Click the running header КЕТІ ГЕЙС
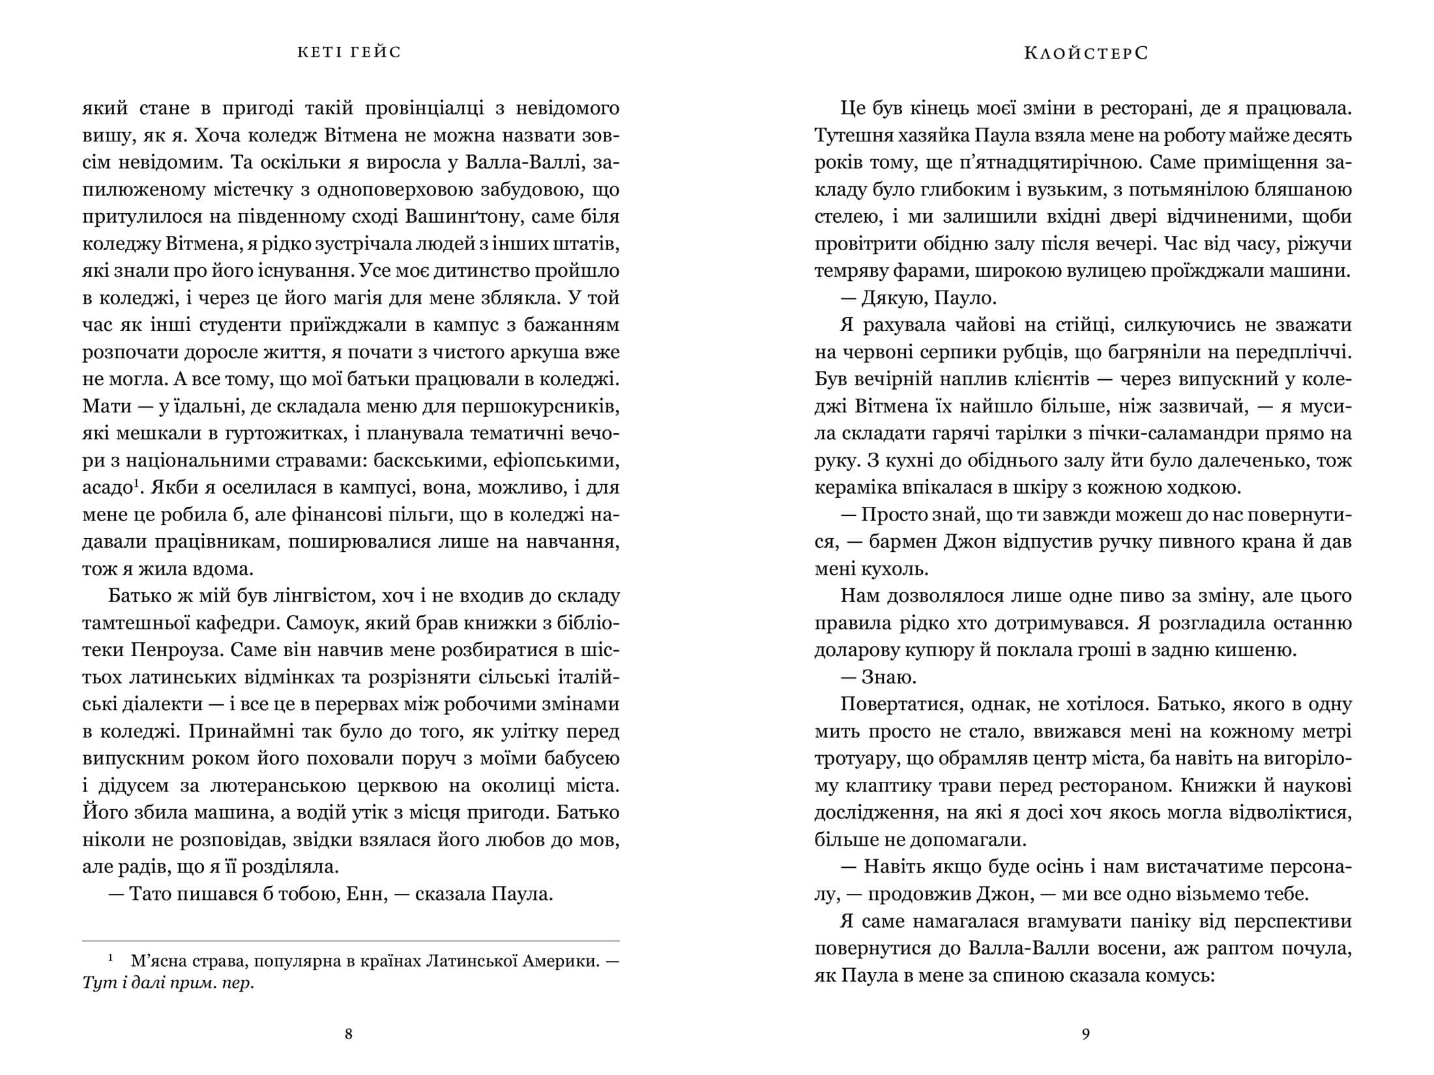(x=349, y=52)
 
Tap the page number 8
(x=348, y=1034)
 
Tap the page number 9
(x=1085, y=1034)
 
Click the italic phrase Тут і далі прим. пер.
(x=168, y=983)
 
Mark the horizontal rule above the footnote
(x=351, y=941)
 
